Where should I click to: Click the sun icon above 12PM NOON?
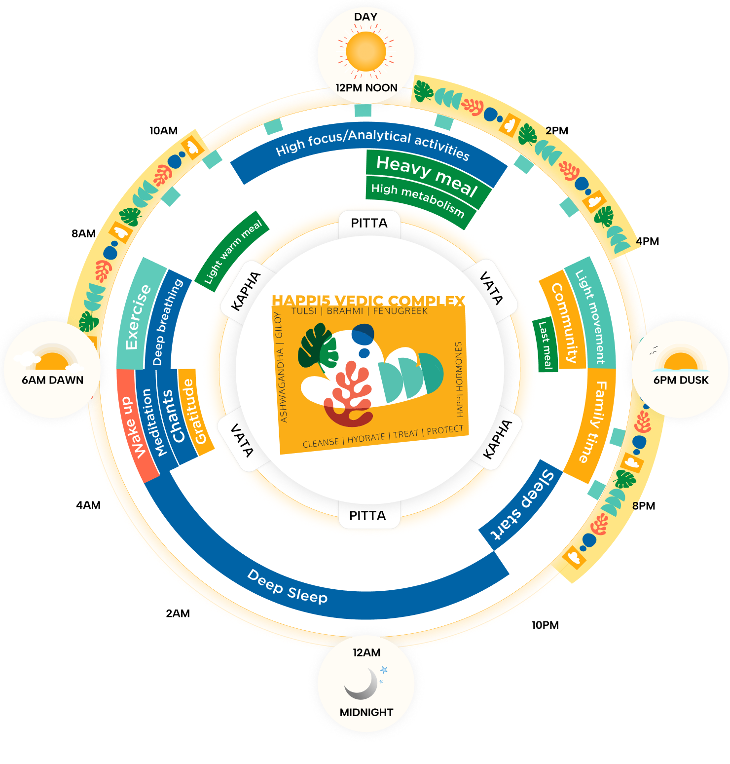tap(365, 51)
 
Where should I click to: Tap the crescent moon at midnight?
tap(363, 684)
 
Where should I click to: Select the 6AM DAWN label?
tap(53, 380)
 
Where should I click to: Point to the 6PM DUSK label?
tap(681, 380)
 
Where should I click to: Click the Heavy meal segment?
tap(427, 175)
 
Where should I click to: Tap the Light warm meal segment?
tap(233, 251)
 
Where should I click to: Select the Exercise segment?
tap(138, 316)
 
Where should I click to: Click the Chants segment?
tap(173, 417)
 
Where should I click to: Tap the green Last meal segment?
tap(545, 345)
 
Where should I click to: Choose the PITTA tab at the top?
tap(369, 224)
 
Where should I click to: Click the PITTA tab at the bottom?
tap(367, 516)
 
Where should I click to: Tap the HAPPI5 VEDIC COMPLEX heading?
tap(368, 300)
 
